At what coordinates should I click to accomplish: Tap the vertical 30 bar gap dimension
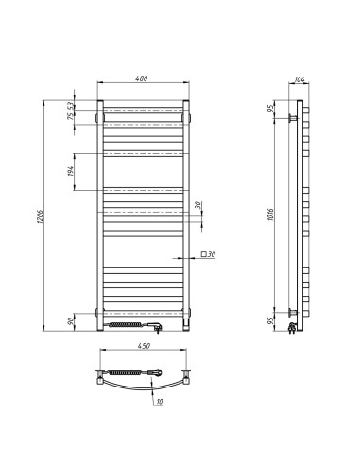(198, 206)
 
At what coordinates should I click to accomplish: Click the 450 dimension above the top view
(145, 347)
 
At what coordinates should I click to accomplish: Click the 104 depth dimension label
(300, 79)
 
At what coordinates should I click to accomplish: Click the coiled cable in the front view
(127, 324)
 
